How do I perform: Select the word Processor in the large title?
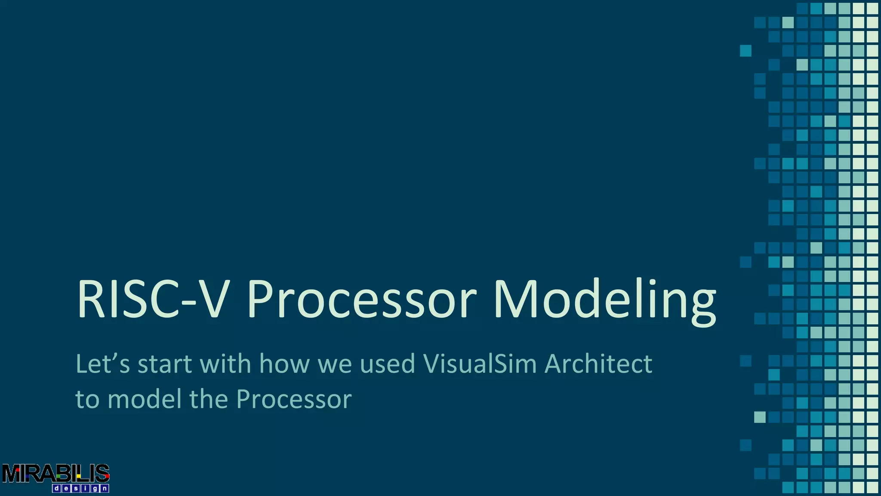[x=362, y=299]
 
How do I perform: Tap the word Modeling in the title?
[x=604, y=299]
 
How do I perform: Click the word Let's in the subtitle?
[x=102, y=364]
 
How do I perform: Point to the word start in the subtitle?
[x=164, y=364]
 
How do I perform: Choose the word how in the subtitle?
[x=284, y=364]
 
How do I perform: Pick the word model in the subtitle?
[x=145, y=399]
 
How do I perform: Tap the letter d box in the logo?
[x=56, y=489]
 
